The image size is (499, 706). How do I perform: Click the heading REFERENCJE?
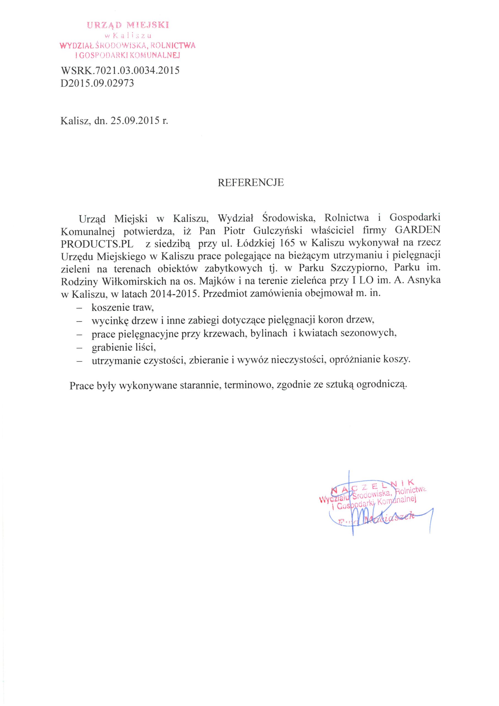251,183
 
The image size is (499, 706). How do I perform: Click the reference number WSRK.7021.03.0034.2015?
120,71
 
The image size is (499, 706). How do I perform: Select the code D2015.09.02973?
98,83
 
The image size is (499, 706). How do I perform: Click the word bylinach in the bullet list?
269,334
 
